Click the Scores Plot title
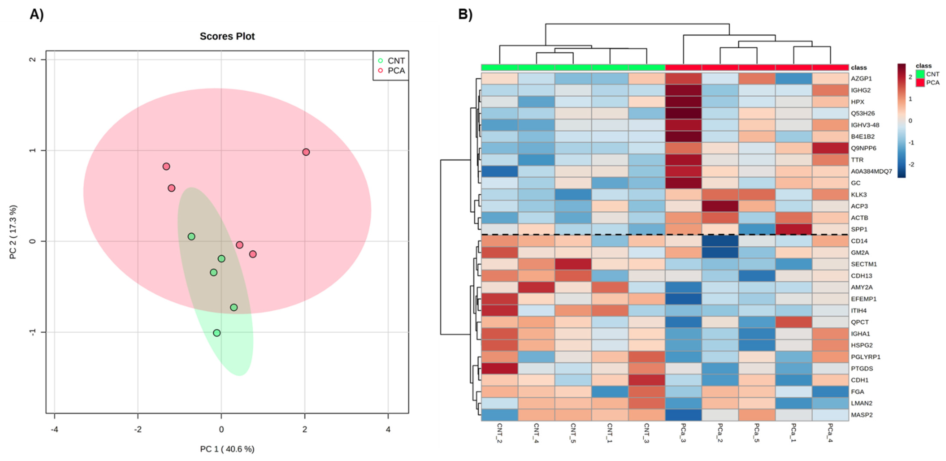tap(227, 36)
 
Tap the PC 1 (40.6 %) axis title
tap(227, 449)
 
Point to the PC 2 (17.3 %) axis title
tap(13, 232)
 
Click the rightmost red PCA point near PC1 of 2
tap(306, 152)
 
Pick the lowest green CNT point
tap(217, 333)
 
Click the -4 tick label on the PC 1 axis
tap(54, 429)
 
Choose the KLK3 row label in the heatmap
tap(859, 194)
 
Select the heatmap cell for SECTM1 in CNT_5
tap(573, 264)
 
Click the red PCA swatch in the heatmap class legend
tap(920, 82)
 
